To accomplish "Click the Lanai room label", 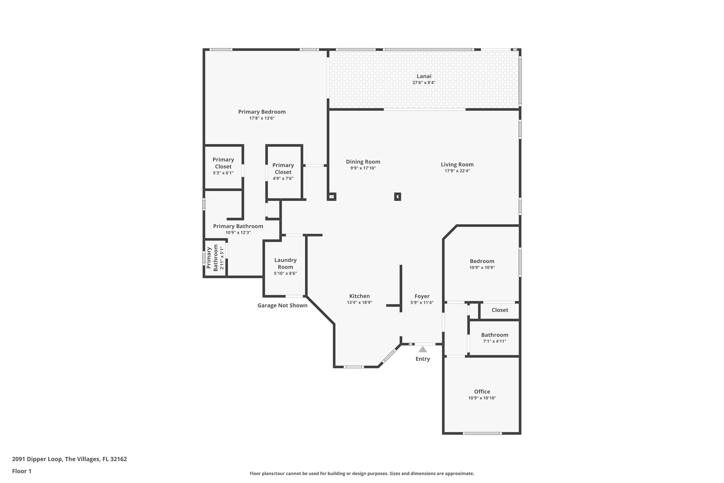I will [x=424, y=76].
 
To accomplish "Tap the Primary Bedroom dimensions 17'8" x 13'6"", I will [x=262, y=118].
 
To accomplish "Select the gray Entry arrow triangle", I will [x=422, y=350].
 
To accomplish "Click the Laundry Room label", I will [x=285, y=264].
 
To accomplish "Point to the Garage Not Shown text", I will [x=282, y=305].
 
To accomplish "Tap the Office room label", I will [x=482, y=391].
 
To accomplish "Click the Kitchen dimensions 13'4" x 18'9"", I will [x=359, y=303].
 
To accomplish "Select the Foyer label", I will [x=422, y=296].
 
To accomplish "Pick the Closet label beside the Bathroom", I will [x=500, y=310].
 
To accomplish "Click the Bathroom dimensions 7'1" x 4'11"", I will [x=495, y=341].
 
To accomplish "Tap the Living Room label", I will [x=457, y=164].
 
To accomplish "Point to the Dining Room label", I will [x=363, y=162].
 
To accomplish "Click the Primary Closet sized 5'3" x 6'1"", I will [x=223, y=166].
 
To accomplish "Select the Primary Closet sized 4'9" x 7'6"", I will [x=283, y=172].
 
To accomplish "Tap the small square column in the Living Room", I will [x=397, y=196].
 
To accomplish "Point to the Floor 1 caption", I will [x=22, y=471].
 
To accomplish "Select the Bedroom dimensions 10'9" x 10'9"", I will [x=482, y=268].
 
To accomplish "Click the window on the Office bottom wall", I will [x=482, y=433].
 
